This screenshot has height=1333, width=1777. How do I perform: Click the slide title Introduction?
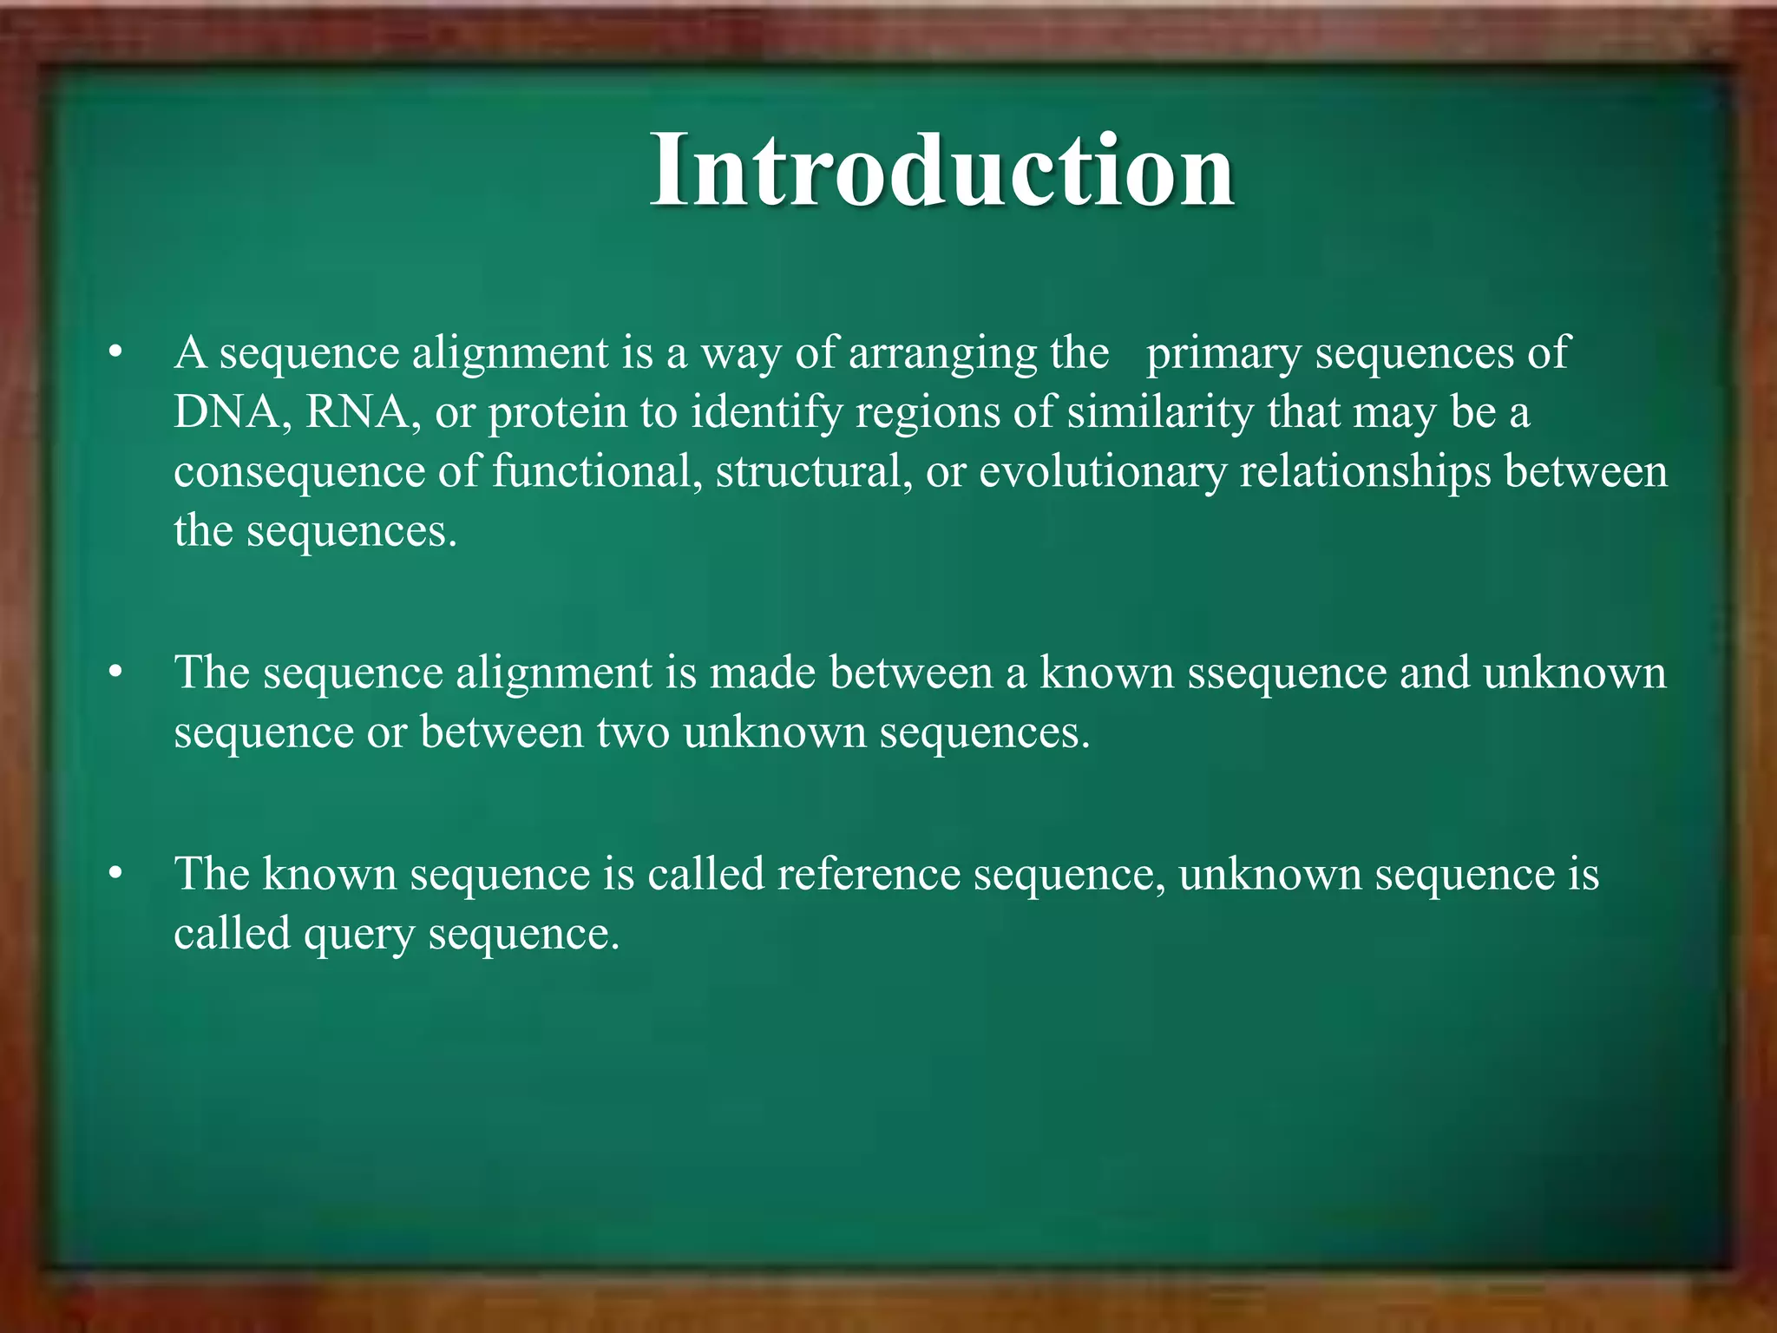point(942,170)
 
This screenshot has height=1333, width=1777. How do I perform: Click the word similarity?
point(1160,413)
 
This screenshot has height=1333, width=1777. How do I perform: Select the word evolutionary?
point(1103,473)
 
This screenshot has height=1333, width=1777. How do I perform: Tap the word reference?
point(869,874)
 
